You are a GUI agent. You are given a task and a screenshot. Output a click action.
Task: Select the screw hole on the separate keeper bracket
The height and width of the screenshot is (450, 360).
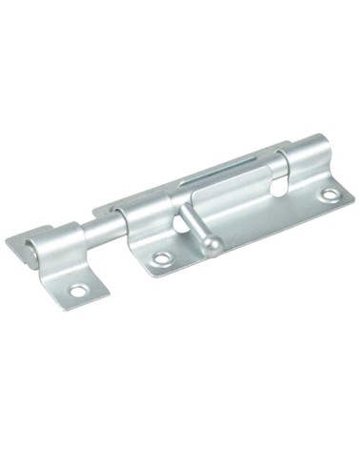click(x=78, y=289)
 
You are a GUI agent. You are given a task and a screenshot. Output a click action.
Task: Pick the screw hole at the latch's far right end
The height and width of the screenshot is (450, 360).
click(x=330, y=195)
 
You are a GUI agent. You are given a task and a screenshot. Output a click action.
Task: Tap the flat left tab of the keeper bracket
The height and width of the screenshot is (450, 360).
click(x=21, y=242)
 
